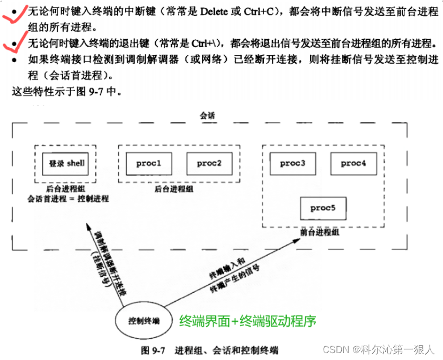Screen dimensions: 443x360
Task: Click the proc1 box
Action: [148, 163]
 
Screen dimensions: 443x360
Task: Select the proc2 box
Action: [209, 163]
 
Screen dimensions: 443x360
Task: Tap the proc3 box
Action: [293, 163]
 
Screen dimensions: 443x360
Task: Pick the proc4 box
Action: [353, 163]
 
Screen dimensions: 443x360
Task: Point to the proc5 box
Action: [323, 208]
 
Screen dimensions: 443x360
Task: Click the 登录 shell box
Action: [66, 163]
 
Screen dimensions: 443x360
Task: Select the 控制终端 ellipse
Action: [144, 321]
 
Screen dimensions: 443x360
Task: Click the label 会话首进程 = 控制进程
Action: [68, 199]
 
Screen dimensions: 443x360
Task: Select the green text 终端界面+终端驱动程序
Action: [247, 321]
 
